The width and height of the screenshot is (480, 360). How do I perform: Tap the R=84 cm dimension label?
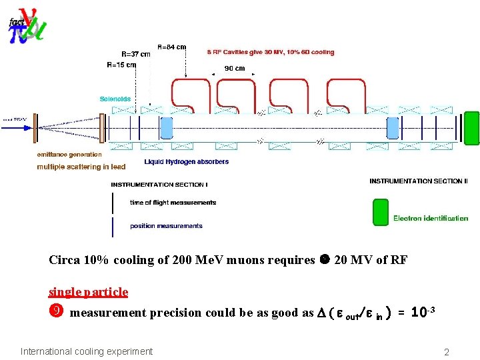coord(172,47)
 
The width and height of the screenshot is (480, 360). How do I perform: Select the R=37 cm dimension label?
coord(136,55)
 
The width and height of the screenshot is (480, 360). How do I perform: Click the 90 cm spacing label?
coord(234,68)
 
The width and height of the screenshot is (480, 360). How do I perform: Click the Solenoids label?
coord(115,99)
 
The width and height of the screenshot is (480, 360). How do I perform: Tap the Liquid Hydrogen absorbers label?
coord(187,162)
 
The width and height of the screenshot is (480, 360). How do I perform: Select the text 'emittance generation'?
coord(70,155)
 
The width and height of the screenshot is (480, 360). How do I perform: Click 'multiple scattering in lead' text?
coord(81,167)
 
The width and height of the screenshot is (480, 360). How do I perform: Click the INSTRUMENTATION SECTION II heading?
coord(419,181)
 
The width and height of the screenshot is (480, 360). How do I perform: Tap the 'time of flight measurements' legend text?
coord(173,203)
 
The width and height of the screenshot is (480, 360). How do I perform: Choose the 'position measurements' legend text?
coord(166,226)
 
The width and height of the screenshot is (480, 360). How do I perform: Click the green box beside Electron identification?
coord(380,212)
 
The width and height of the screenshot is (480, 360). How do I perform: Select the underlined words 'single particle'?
coord(88,292)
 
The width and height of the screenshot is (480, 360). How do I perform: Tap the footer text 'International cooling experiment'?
coord(87,351)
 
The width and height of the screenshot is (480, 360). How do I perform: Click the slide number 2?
coord(447,352)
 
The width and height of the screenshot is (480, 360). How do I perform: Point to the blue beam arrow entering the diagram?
coord(16,120)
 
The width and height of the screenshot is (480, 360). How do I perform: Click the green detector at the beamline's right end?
coord(471,128)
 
